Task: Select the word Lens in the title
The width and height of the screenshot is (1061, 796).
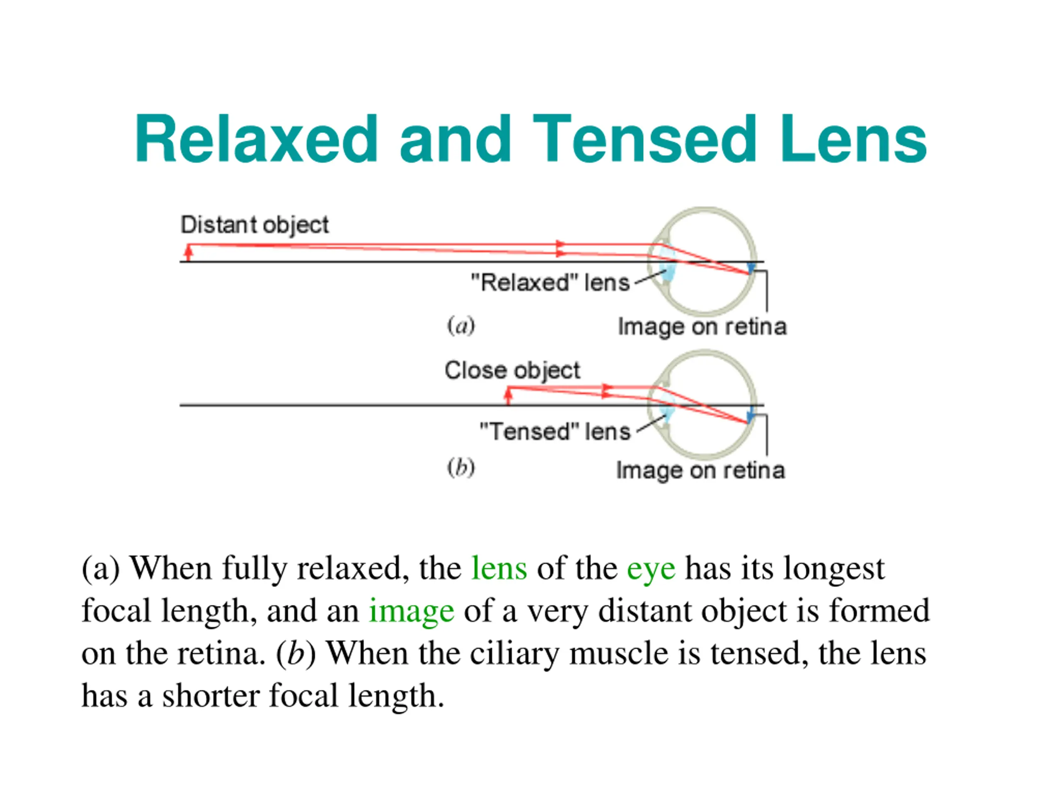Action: (853, 139)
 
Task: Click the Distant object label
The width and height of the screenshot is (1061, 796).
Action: (254, 225)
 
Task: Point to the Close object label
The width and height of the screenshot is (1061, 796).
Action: (512, 370)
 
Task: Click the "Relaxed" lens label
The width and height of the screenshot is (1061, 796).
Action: (550, 283)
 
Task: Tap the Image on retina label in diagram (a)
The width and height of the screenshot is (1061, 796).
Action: (702, 327)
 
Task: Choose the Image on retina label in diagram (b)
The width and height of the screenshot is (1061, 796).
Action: (700, 470)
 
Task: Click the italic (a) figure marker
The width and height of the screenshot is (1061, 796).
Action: (460, 326)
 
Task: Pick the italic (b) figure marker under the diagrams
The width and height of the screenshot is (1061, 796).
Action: (460, 468)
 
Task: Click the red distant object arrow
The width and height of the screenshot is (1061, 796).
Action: (189, 252)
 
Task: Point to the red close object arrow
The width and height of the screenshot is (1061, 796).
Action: (509, 396)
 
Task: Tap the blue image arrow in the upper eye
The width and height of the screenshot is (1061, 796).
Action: (751, 268)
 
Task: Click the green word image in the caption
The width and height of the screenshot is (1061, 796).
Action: (411, 611)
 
